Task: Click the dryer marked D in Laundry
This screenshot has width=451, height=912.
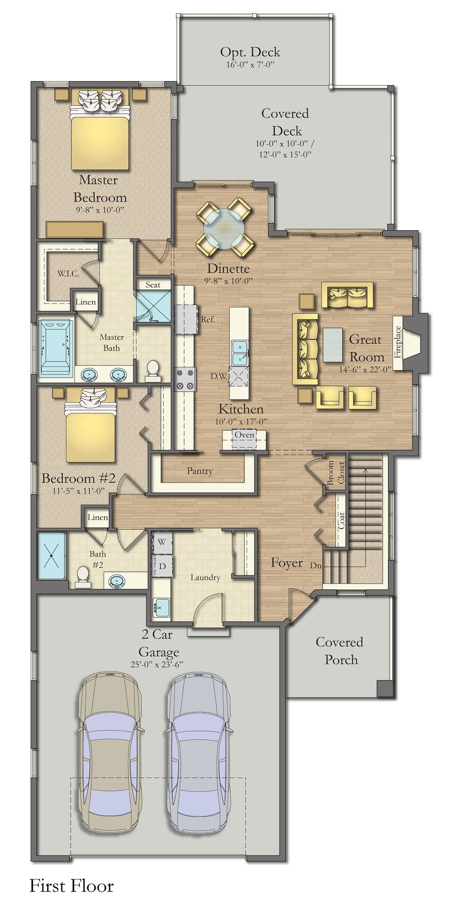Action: click(162, 566)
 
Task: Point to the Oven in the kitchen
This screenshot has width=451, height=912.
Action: click(244, 435)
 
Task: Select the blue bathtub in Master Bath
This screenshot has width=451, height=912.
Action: click(56, 348)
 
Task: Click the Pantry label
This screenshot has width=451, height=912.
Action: click(200, 471)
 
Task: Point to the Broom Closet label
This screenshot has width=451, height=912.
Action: click(336, 473)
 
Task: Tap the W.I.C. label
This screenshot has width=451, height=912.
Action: click(68, 274)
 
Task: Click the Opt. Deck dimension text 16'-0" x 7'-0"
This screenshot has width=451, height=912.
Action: click(250, 65)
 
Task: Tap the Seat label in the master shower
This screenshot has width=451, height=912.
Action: click(153, 285)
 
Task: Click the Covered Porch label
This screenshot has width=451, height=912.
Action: click(340, 651)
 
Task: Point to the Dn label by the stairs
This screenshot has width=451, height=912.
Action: click(315, 565)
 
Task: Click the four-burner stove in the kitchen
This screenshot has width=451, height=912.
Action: click(185, 379)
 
